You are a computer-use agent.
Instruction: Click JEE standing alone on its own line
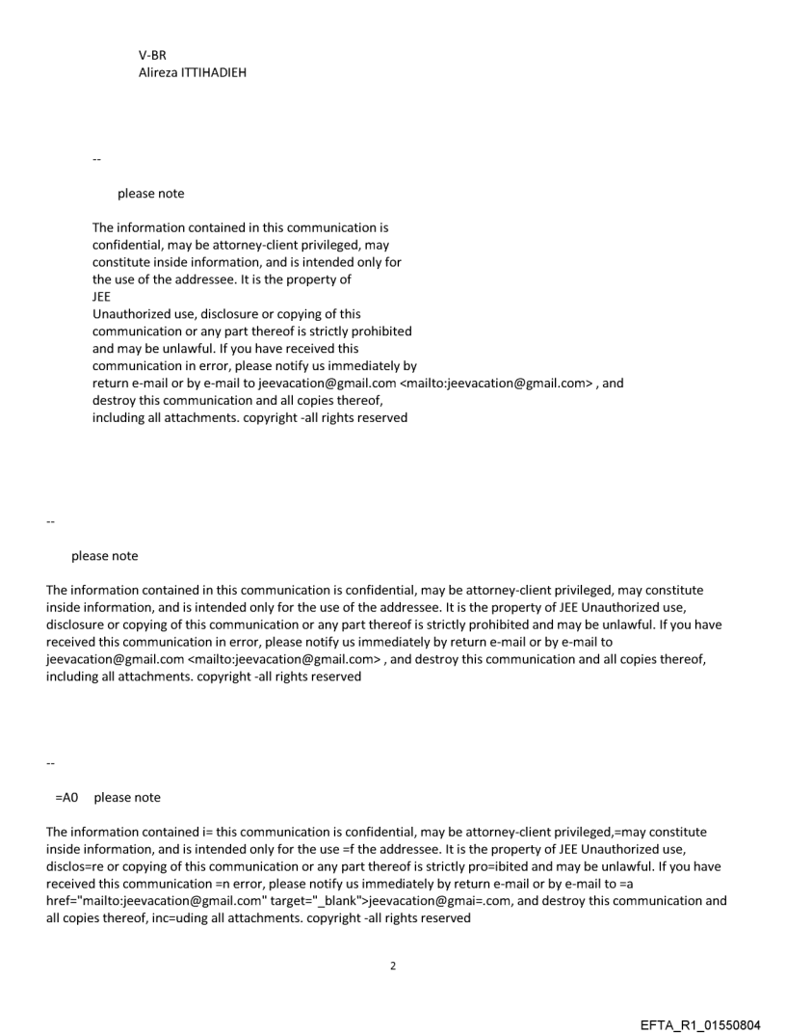(x=102, y=298)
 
